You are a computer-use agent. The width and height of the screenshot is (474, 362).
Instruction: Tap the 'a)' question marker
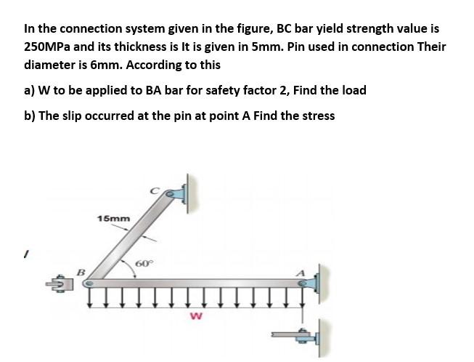(30, 90)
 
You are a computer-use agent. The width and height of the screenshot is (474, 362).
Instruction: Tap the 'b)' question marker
(31, 116)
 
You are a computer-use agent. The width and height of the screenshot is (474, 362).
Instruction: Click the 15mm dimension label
(113, 217)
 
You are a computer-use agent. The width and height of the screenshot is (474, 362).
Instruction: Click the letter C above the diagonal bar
(153, 189)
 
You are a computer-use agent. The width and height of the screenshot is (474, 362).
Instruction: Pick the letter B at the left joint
(81, 271)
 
